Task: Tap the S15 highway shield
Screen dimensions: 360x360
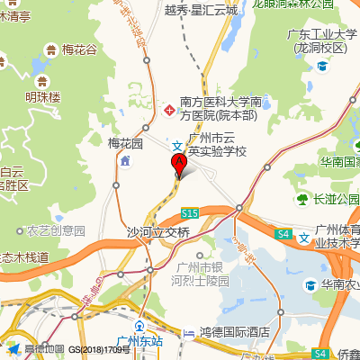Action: click(x=189, y=213)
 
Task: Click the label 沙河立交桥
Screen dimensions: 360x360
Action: click(x=158, y=231)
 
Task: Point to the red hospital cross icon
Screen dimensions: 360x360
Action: click(x=168, y=109)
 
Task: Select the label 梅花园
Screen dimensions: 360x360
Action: click(x=125, y=143)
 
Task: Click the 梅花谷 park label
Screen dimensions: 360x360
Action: click(x=78, y=49)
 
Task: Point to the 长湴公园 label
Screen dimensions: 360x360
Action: click(x=336, y=199)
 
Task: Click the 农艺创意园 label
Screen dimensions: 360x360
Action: click(x=56, y=230)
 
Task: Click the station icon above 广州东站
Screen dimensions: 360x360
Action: click(x=139, y=326)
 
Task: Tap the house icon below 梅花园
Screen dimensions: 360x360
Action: click(x=124, y=160)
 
